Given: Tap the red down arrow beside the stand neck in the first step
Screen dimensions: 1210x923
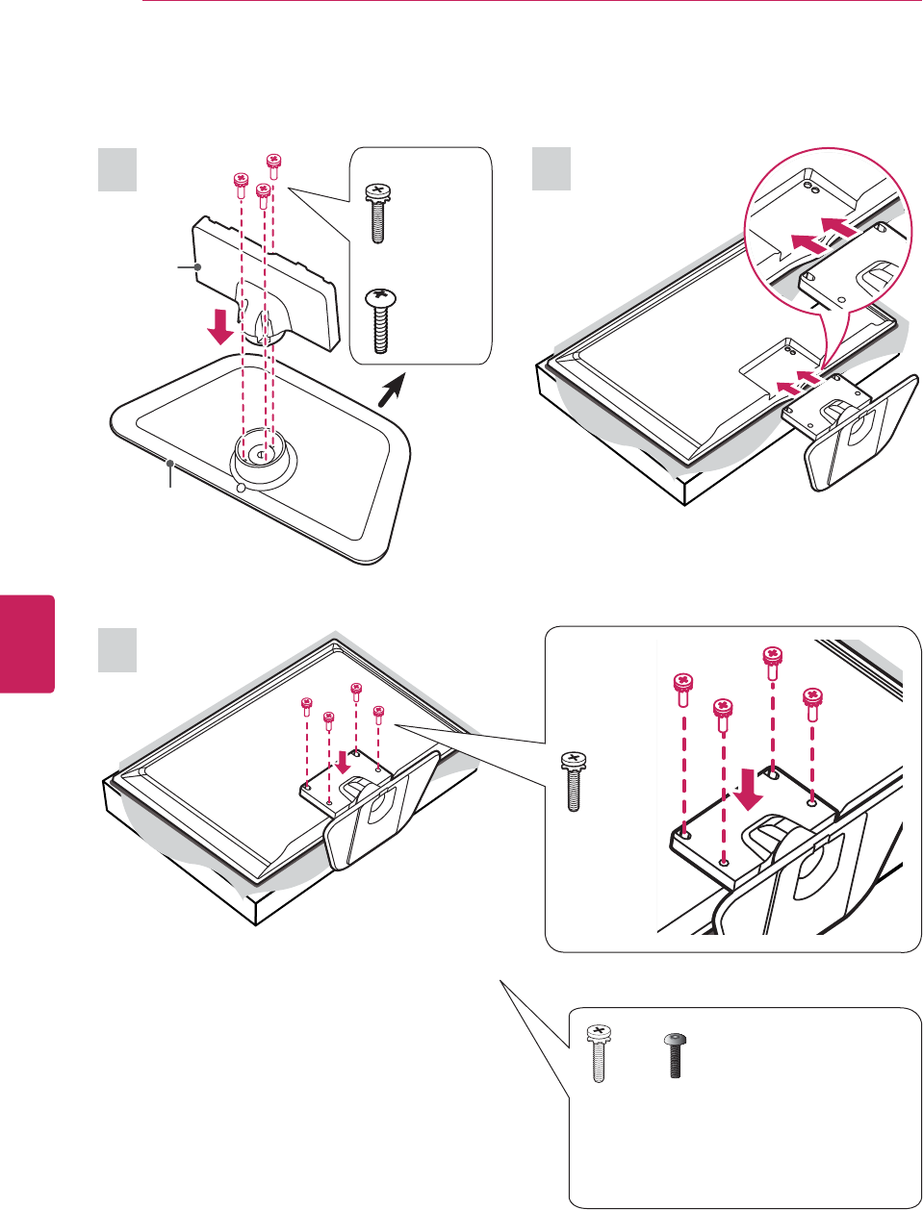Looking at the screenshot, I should pyautogui.click(x=221, y=325).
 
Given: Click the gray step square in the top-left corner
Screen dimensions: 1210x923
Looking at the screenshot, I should pyautogui.click(x=117, y=169).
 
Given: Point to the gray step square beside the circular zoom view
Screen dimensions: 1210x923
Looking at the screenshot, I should pyautogui.click(x=551, y=169).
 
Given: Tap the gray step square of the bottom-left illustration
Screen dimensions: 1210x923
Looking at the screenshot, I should pyautogui.click(x=117, y=650).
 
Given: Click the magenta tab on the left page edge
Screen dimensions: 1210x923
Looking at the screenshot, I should pyautogui.click(x=27, y=643).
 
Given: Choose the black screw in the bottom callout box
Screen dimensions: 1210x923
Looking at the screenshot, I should pyautogui.click(x=675, y=1056).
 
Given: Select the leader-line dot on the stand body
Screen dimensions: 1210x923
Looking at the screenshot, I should pyautogui.click(x=197, y=266).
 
